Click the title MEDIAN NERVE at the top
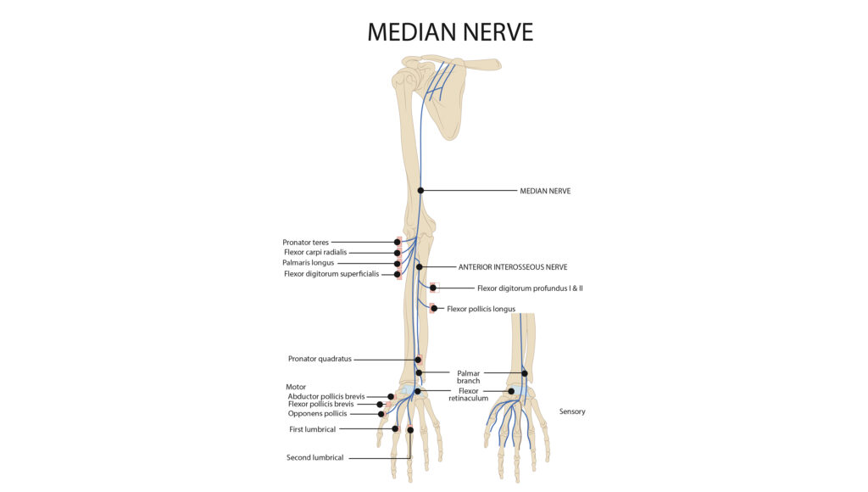tap(450, 32)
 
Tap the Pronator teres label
tap(305, 242)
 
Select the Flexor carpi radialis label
tap(315, 252)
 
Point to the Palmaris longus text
tap(309, 263)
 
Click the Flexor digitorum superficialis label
tap(331, 274)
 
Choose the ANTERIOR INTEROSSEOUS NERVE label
tap(513, 267)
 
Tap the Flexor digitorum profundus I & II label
tap(530, 288)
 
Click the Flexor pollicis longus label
tap(481, 309)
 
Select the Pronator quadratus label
tap(320, 359)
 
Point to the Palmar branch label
tap(468, 377)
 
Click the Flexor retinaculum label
tap(468, 394)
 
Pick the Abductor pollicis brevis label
tap(326, 397)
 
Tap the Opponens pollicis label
tap(317, 414)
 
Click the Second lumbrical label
tap(315, 458)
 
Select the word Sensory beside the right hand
tap(572, 411)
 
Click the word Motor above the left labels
tap(296, 388)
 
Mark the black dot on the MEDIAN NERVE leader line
tap(420, 191)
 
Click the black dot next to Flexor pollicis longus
tap(434, 309)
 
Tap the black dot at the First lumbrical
tap(395, 429)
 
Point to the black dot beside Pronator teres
tap(398, 242)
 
